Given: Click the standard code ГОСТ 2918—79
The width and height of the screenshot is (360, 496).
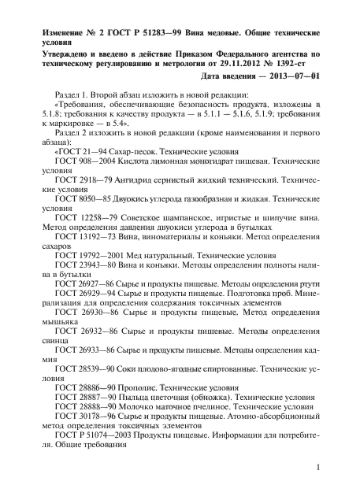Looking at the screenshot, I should [82, 180].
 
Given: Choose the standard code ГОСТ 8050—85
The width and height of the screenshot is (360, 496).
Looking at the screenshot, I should [82, 201].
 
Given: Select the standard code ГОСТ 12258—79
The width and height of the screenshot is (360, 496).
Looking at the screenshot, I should [84, 222].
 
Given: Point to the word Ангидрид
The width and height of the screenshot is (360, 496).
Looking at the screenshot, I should [140, 180].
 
